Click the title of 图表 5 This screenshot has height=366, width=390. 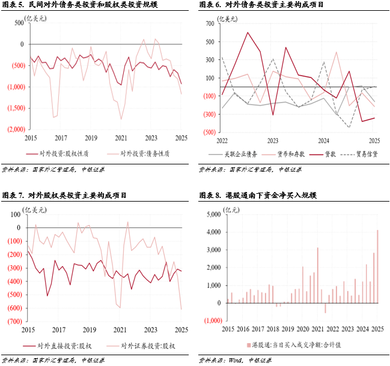pyautogui.click(x=81, y=5)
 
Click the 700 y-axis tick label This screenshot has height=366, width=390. pyautogui.click(x=210, y=24)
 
